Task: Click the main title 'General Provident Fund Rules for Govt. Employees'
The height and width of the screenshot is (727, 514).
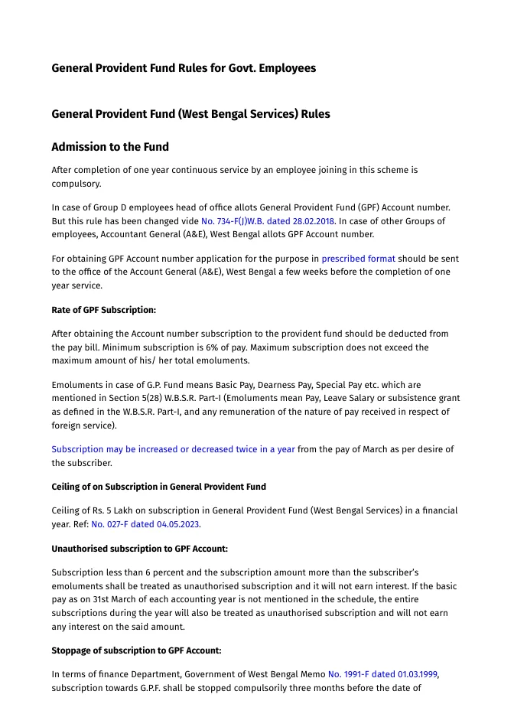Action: pyautogui.click(x=184, y=68)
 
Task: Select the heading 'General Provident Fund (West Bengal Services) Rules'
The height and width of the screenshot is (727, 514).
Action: pyautogui.click(x=190, y=114)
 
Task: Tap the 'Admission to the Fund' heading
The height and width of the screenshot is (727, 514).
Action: pyautogui.click(x=110, y=147)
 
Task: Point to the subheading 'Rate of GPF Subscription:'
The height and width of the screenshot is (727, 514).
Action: pyautogui.click(x=103, y=310)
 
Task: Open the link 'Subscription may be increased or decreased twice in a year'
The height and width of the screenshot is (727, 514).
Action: pyautogui.click(x=173, y=449)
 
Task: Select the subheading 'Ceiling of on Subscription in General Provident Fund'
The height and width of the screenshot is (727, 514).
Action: pyautogui.click(x=158, y=487)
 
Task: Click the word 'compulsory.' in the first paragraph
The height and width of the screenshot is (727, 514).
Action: pyautogui.click(x=76, y=184)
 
